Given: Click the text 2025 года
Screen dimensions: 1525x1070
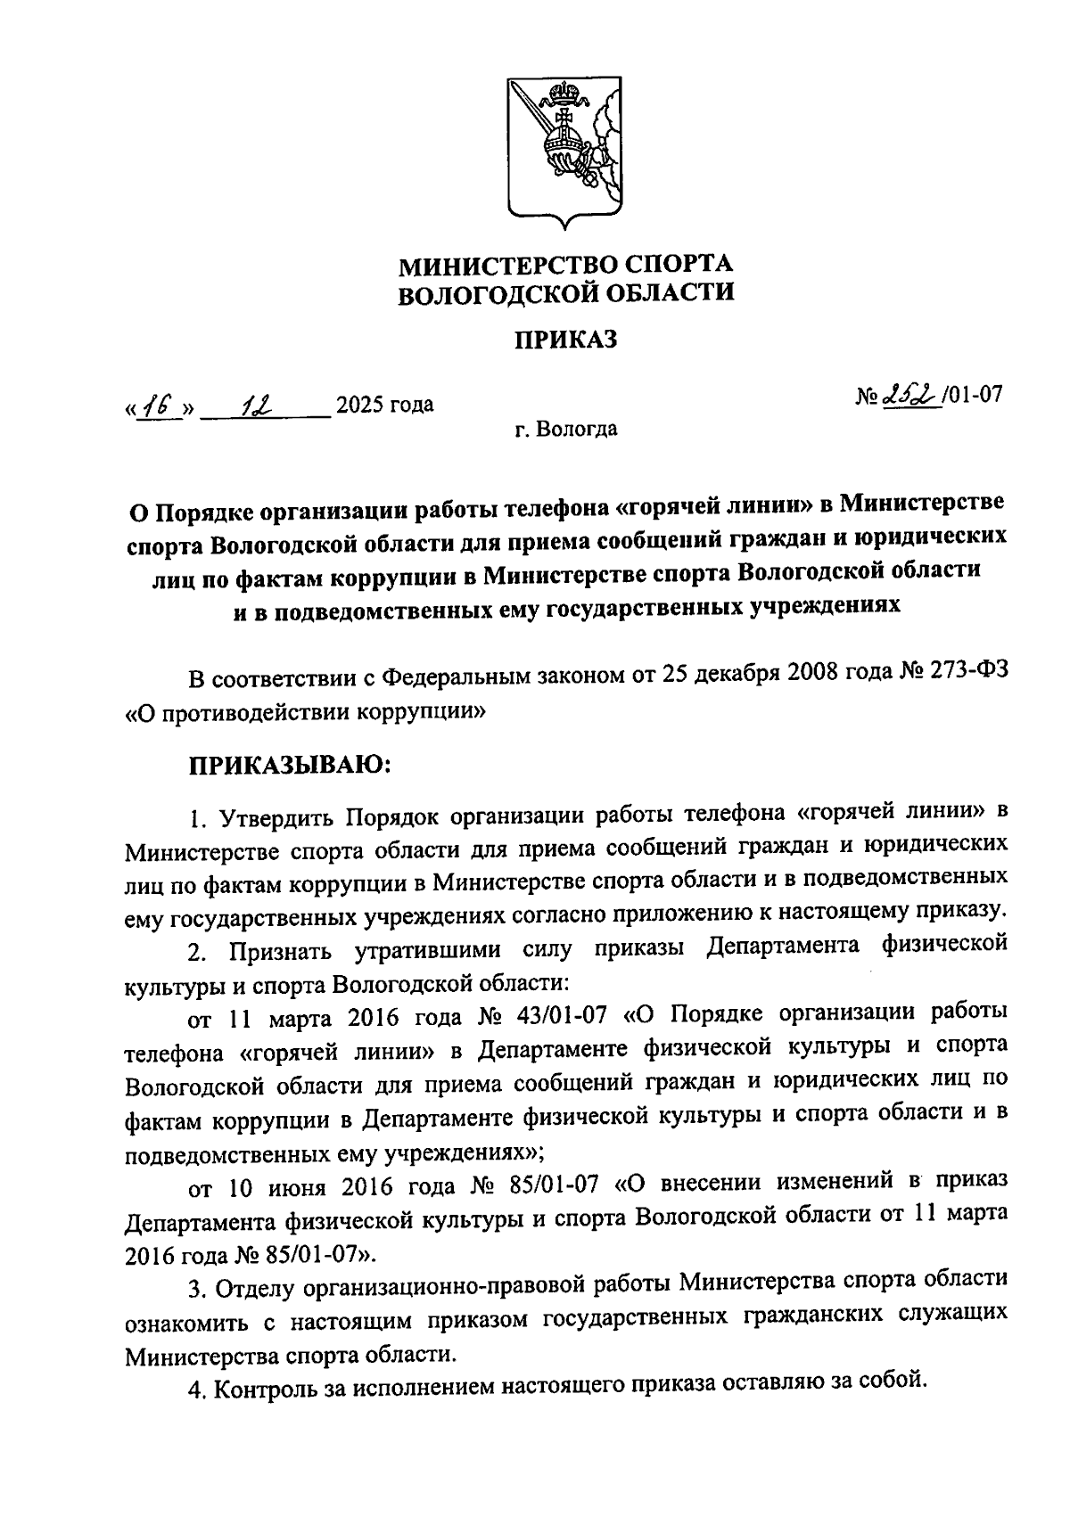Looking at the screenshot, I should coord(384,406).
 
